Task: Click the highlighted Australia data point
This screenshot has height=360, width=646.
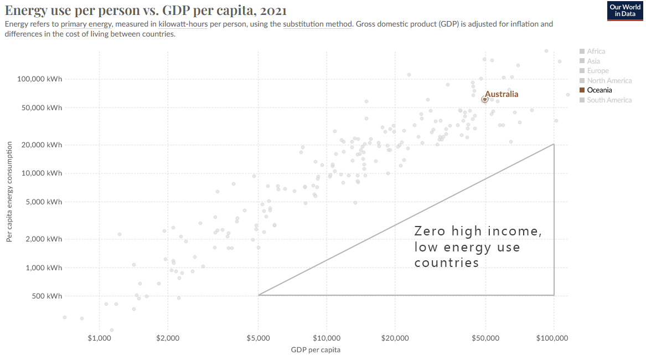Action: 484,99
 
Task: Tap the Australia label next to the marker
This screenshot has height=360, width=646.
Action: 502,94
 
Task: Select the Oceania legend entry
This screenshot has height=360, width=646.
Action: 599,90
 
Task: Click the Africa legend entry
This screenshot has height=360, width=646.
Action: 596,52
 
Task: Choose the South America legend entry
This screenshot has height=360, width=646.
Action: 609,100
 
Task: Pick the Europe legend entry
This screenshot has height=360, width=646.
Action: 597,71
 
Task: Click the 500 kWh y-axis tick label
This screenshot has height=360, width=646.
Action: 47,296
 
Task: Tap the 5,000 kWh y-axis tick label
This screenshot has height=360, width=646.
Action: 44,202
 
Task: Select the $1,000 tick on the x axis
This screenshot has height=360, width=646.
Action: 99,338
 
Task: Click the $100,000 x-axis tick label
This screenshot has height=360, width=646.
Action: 554,338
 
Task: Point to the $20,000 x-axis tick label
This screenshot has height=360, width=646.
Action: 395,338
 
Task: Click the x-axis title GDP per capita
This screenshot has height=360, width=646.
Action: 316,350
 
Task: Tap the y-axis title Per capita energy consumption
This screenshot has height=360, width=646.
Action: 9,192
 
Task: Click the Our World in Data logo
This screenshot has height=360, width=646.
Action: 625,11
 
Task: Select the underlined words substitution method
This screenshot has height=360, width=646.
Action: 317,24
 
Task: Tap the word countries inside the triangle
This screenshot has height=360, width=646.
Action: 446,263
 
